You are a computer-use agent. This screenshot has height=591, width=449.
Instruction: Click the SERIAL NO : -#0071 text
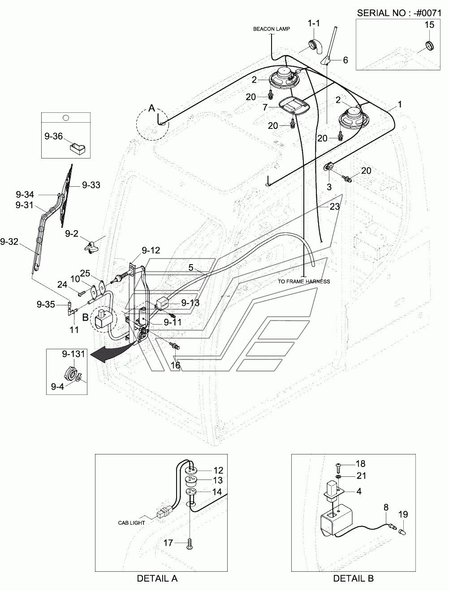click(x=399, y=13)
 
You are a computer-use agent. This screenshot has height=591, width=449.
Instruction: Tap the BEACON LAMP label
click(x=272, y=29)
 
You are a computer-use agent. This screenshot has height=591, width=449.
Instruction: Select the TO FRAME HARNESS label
click(x=304, y=281)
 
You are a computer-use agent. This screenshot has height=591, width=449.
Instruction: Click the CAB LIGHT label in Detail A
click(x=131, y=522)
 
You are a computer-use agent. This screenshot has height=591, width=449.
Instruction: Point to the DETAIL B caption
click(x=354, y=578)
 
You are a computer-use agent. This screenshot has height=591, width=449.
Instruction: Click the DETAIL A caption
click(x=157, y=578)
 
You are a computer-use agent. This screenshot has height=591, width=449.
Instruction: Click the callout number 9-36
click(x=54, y=136)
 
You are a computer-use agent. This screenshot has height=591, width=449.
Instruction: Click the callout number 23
click(x=335, y=206)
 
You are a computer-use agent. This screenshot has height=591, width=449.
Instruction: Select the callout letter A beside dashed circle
click(x=152, y=108)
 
